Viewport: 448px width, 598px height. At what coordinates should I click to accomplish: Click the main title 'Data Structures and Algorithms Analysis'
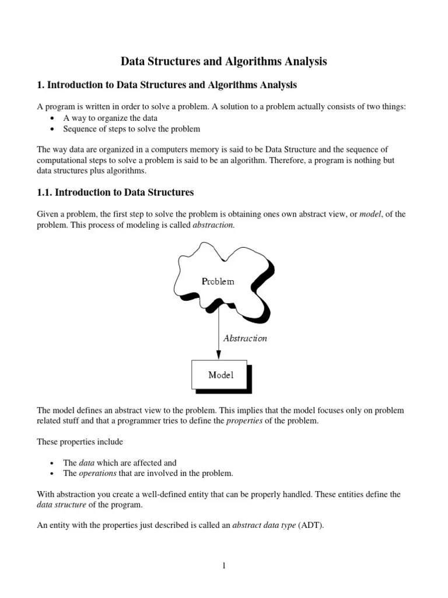pos(223,61)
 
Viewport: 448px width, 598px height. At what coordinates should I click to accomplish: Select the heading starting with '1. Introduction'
pos(167,85)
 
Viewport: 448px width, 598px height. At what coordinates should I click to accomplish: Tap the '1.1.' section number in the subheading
pos(46,192)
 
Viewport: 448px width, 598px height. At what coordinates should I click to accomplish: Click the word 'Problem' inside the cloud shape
pos(218,281)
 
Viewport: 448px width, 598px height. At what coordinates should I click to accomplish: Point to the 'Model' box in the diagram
pos(220,375)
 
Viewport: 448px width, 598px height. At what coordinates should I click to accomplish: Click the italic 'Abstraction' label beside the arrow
pos(245,338)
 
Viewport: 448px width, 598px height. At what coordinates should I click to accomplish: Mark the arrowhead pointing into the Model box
pos(219,354)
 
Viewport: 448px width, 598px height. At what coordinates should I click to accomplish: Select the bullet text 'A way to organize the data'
pos(110,117)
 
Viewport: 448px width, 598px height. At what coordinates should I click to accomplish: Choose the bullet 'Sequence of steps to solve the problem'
pos(131,128)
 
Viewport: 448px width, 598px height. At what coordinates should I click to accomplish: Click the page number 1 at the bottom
pos(223,565)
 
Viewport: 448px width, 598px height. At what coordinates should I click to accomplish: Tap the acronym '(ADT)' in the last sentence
pos(310,525)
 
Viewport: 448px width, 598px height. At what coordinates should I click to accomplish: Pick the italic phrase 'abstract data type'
pos(264,525)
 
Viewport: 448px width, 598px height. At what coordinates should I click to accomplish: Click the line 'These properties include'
pos(80,441)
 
